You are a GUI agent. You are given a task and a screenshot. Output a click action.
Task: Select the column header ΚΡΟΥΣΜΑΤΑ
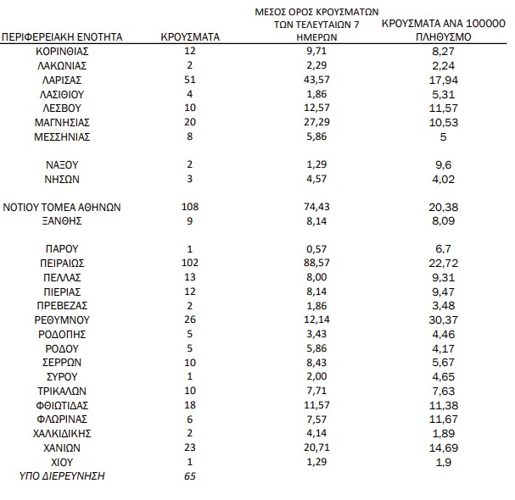tap(190, 37)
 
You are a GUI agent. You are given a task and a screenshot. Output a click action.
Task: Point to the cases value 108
tap(190, 207)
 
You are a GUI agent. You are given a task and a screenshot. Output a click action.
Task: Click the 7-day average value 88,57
tap(320, 264)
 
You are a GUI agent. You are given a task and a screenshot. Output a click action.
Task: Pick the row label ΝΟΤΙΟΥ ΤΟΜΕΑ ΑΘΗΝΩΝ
tap(63, 207)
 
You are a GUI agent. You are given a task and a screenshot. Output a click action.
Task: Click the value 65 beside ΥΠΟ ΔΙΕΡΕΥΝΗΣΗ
tap(190, 477)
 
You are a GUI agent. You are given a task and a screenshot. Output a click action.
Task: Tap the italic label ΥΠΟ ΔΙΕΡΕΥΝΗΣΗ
tap(62, 477)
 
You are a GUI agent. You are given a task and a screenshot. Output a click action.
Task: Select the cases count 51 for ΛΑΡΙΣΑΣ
tap(190, 80)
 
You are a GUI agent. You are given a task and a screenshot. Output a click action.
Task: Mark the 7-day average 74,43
tap(320, 207)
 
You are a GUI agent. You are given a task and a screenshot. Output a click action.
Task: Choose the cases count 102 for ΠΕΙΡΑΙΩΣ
tap(190, 264)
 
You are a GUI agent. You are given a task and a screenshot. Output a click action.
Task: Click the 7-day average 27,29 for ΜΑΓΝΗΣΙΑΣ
tap(320, 122)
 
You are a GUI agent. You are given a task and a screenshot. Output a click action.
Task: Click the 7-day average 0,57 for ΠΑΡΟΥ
tap(320, 249)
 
